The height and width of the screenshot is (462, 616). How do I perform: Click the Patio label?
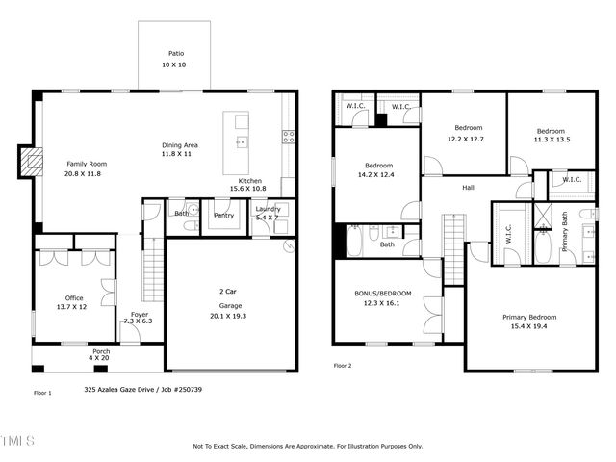tap(176, 54)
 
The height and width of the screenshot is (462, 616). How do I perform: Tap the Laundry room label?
tap(268, 209)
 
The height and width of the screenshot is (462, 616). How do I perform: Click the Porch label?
tap(101, 351)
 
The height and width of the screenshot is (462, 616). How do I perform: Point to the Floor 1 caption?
tap(42, 393)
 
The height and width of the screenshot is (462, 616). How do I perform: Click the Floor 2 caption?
tap(343, 366)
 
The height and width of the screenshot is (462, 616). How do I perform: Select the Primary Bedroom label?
tap(529, 317)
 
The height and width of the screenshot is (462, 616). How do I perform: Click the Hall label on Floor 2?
tap(468, 187)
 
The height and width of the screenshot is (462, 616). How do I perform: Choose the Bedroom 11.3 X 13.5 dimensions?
tap(551, 139)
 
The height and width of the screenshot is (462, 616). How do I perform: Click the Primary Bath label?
tap(565, 237)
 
